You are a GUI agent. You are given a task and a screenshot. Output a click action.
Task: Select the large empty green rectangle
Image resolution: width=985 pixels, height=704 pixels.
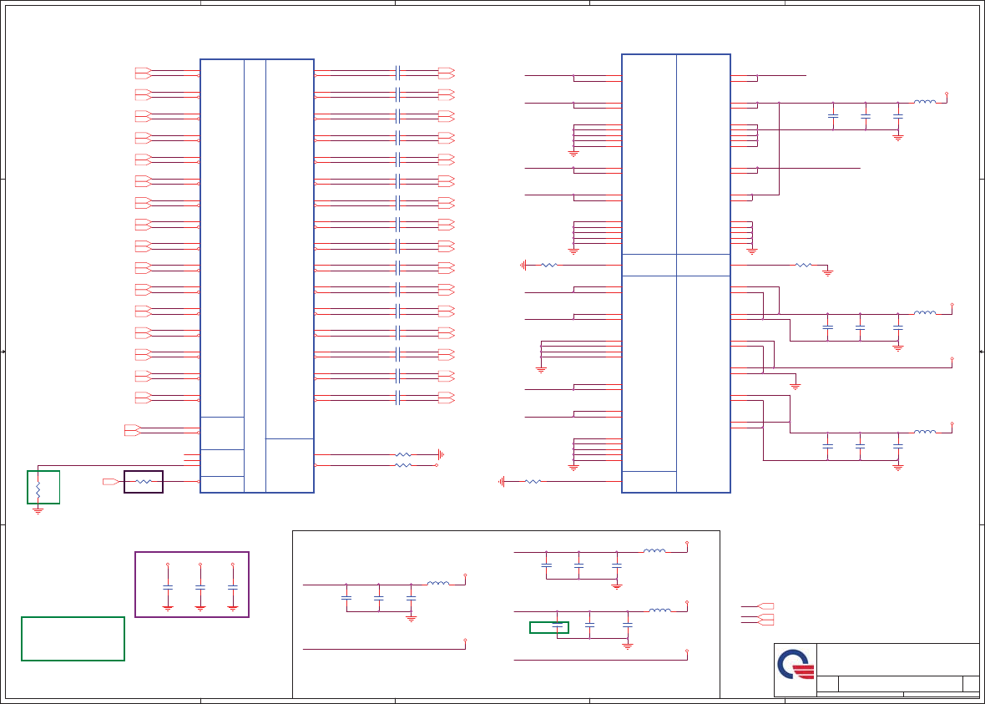(x=73, y=639)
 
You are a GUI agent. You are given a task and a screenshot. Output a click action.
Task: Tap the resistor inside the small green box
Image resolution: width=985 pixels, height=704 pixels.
(x=38, y=487)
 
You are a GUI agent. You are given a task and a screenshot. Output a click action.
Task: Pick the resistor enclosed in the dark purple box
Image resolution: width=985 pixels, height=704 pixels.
(x=144, y=482)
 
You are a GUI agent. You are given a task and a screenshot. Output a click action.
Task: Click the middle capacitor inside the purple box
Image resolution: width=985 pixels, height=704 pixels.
(x=200, y=588)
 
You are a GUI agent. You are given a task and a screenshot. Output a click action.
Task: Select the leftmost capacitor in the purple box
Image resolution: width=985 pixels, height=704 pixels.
(x=168, y=588)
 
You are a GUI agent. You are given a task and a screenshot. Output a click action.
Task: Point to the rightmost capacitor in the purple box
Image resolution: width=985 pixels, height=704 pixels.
(x=233, y=588)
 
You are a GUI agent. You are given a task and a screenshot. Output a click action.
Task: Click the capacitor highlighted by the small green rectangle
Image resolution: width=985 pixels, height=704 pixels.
(x=557, y=626)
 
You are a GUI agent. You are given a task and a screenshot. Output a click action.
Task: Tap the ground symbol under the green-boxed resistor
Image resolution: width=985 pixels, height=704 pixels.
(x=38, y=509)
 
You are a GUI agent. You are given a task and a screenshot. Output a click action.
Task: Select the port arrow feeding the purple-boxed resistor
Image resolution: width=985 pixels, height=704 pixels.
(x=110, y=482)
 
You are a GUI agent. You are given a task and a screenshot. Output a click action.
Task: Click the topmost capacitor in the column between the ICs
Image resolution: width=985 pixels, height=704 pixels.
(x=398, y=72)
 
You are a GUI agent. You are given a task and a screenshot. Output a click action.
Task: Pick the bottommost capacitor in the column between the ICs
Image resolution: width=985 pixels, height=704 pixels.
(x=398, y=398)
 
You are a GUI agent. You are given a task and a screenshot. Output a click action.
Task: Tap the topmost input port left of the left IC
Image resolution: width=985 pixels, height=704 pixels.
(x=143, y=72)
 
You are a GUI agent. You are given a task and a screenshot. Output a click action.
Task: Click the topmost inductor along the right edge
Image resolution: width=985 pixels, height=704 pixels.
(x=924, y=103)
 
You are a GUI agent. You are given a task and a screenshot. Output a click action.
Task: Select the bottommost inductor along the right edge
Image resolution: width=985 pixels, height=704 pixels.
(x=924, y=433)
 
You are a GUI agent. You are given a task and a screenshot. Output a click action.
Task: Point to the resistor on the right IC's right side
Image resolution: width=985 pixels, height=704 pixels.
(x=803, y=265)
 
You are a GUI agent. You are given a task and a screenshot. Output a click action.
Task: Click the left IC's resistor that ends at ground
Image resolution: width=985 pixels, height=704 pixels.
(x=403, y=455)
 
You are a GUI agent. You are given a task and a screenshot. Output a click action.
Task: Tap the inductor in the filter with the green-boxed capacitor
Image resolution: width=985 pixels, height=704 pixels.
(x=659, y=611)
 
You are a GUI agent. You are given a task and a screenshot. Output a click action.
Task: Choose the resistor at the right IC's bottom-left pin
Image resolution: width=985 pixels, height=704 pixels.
(x=532, y=481)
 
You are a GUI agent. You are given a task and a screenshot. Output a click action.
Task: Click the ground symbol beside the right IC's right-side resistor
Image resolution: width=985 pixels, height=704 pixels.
(x=828, y=271)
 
